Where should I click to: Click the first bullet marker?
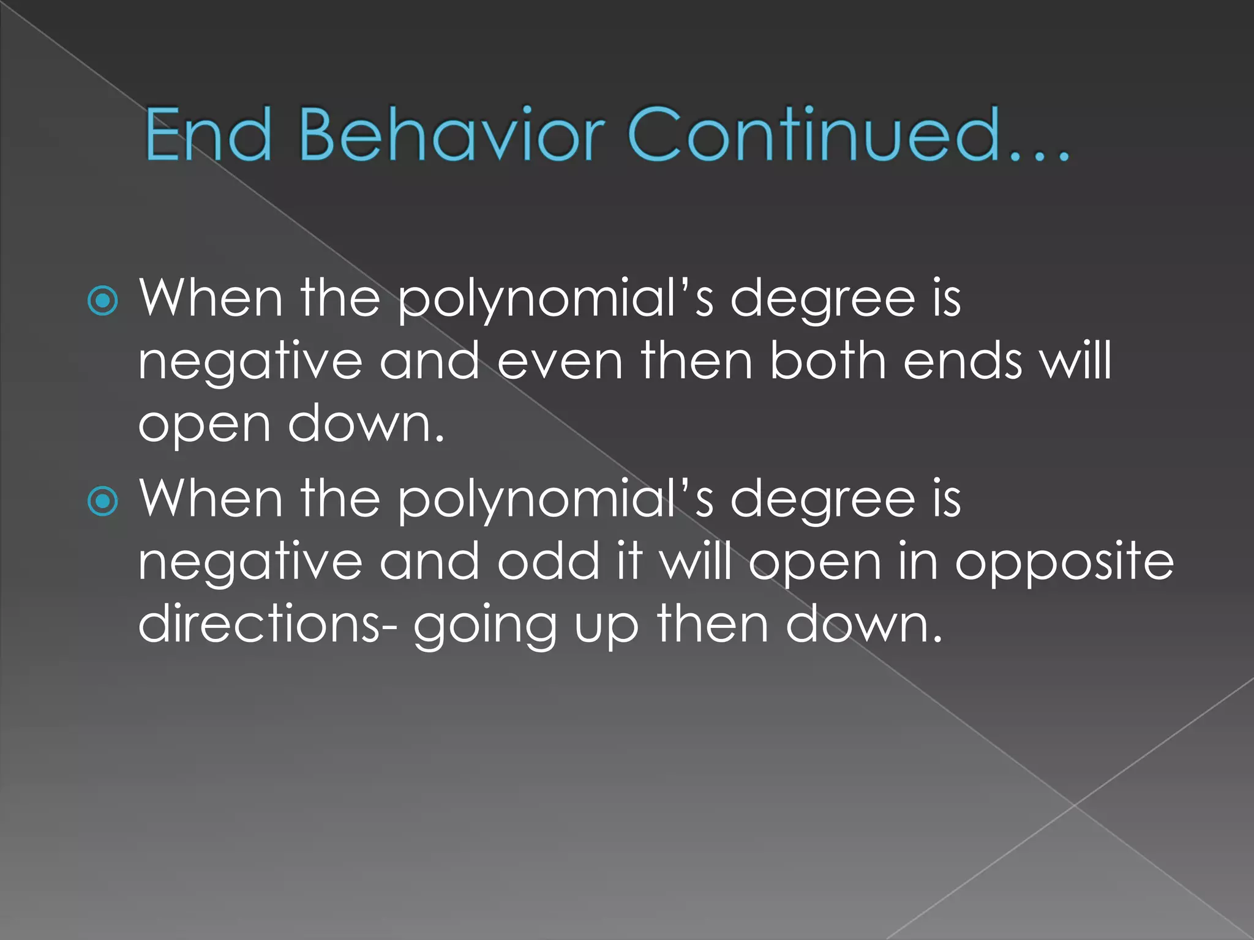pos(103,300)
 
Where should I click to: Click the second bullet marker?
pos(103,501)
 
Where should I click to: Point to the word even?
pos(560,361)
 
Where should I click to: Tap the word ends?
pos(963,361)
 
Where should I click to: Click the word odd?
pos(548,561)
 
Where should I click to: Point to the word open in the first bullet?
pos(205,426)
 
